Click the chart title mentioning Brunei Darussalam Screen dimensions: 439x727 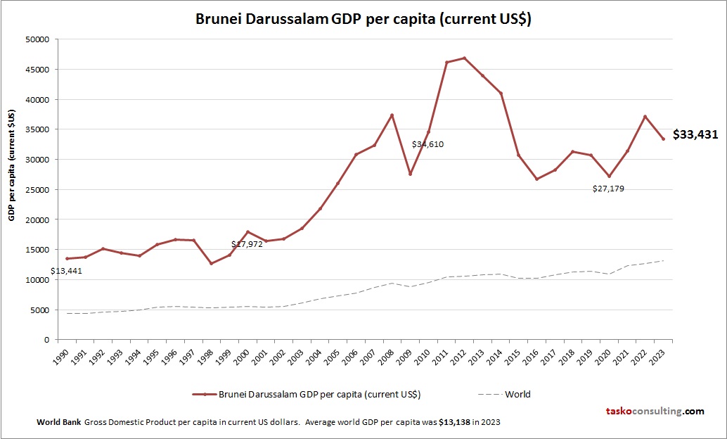pyautogui.click(x=363, y=19)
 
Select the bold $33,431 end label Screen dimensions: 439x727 pyautogui.click(x=695, y=134)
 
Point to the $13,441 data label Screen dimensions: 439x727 pyautogui.click(x=66, y=271)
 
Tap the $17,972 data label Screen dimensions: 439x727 pyautogui.click(x=247, y=244)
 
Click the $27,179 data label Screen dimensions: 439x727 pyautogui.click(x=608, y=189)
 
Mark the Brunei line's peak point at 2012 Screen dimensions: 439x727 pyautogui.click(x=465, y=58)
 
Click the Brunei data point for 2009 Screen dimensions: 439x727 pyautogui.click(x=410, y=174)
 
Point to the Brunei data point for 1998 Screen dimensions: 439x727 pyautogui.click(x=212, y=263)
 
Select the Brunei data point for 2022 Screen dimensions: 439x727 pyautogui.click(x=645, y=117)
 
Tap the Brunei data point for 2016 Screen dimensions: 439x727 pyautogui.click(x=536, y=179)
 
